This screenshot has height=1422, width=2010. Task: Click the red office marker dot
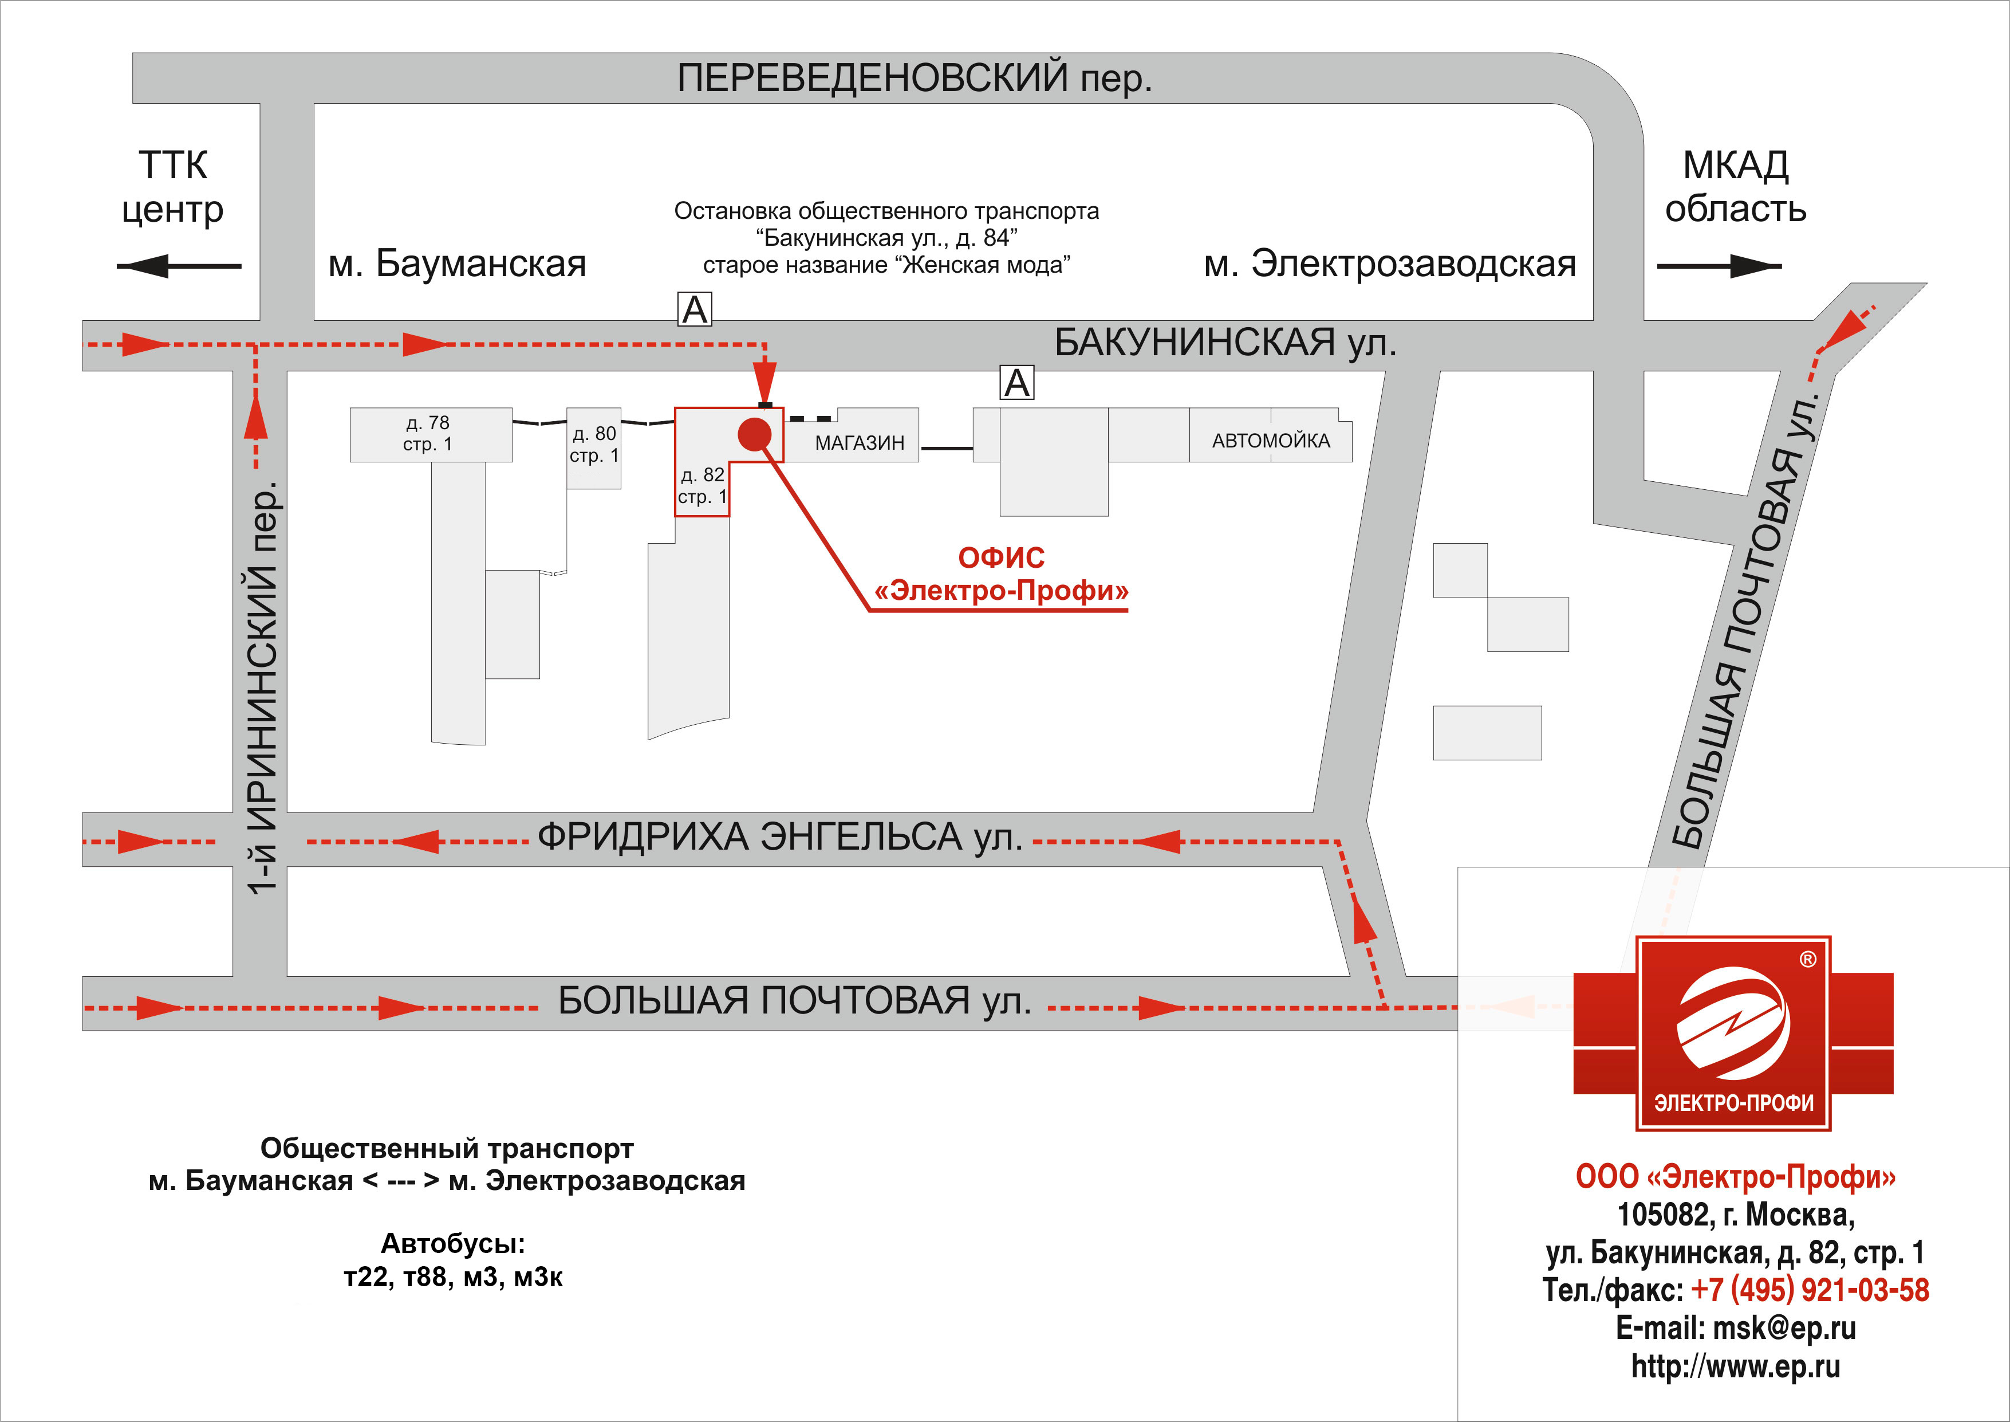pyautogui.click(x=754, y=434)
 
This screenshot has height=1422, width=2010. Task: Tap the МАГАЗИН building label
pyautogui.click(x=860, y=443)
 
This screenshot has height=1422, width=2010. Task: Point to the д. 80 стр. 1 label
pyautogui.click(x=594, y=444)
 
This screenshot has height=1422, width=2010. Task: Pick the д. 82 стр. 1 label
pyautogui.click(x=702, y=486)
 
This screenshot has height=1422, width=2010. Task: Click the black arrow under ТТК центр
pyautogui.click(x=179, y=266)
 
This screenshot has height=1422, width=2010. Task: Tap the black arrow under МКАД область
pyautogui.click(x=1719, y=266)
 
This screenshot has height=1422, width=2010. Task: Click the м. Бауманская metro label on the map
pyautogui.click(x=457, y=264)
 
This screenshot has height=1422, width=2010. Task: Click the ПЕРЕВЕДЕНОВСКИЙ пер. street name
pyautogui.click(x=914, y=78)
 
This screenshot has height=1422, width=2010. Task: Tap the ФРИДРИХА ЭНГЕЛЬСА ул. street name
pyautogui.click(x=780, y=837)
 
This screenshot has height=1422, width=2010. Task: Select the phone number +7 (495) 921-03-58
pyautogui.click(x=1810, y=1290)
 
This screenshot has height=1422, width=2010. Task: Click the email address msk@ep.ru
pyautogui.click(x=1783, y=1328)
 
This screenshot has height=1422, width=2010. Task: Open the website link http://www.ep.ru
pyautogui.click(x=1735, y=1366)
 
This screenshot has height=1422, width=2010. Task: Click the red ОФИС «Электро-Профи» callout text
pyautogui.click(x=1002, y=573)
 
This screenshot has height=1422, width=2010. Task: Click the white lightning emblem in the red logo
pyautogui.click(x=1733, y=1023)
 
